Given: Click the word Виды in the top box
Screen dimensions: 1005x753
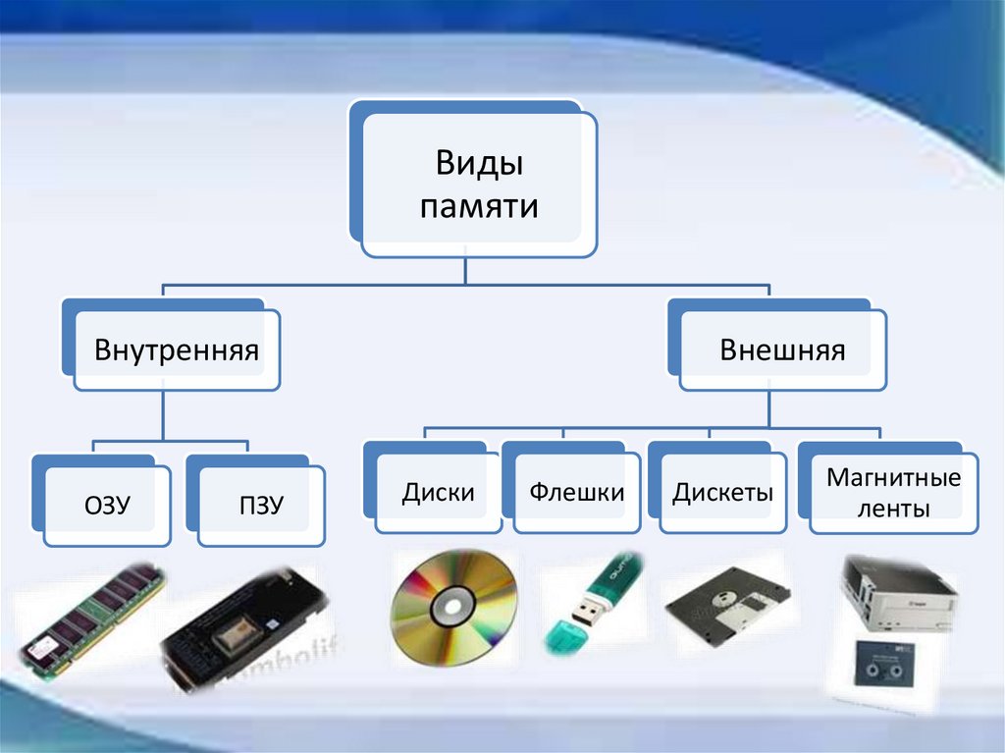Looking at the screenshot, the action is click(x=478, y=163).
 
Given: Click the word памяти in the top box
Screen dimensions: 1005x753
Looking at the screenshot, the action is click(x=478, y=206).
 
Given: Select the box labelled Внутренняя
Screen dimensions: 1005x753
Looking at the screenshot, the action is click(x=177, y=350).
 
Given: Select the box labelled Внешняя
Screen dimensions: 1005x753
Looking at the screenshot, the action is click(x=782, y=350).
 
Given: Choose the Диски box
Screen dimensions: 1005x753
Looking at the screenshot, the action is click(x=438, y=492).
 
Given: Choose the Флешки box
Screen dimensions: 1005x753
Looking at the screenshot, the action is click(x=577, y=492).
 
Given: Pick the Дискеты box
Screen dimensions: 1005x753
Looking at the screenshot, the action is click(x=722, y=492).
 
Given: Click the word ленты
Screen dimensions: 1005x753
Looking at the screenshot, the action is click(x=892, y=509).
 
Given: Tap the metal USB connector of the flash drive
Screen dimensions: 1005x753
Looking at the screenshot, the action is click(x=588, y=614).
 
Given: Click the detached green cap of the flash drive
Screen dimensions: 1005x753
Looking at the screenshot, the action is click(x=566, y=637).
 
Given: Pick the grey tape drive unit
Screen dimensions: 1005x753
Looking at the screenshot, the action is click(x=895, y=593).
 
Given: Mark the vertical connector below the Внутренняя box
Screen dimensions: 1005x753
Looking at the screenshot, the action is click(x=163, y=412).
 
